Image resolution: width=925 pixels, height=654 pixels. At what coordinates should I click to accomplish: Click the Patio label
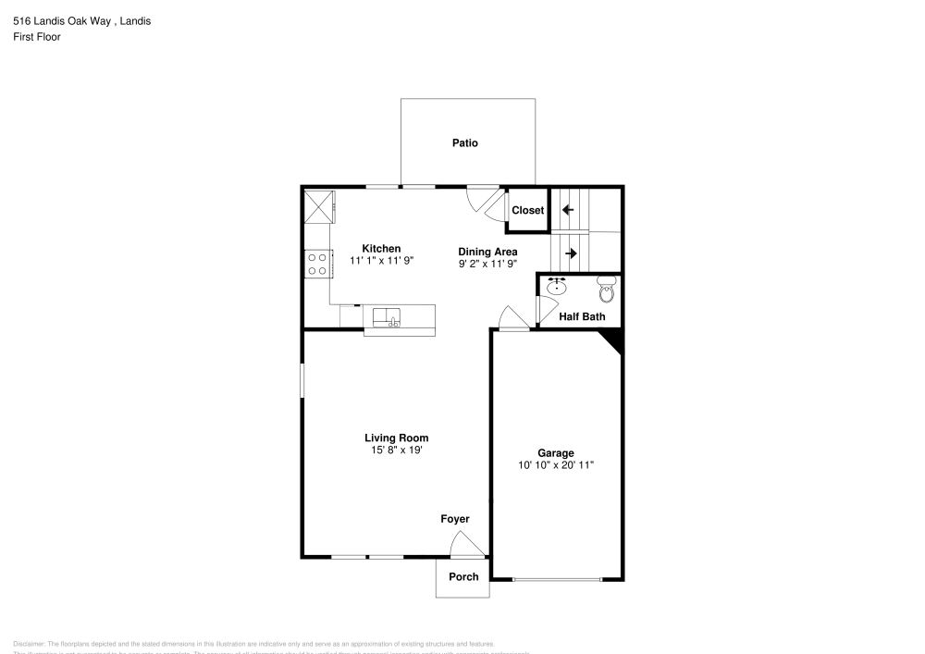click(464, 143)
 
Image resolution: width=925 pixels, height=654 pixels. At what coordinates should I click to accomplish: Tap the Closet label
click(528, 210)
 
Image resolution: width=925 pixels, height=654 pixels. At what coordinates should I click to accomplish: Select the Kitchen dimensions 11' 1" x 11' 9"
click(381, 261)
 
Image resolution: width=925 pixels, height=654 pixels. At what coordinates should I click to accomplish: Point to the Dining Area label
click(487, 251)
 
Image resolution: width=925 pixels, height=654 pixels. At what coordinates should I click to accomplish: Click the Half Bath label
click(582, 316)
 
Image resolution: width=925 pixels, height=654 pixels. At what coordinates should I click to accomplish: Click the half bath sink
click(556, 287)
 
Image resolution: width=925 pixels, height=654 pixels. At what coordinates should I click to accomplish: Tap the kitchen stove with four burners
click(317, 264)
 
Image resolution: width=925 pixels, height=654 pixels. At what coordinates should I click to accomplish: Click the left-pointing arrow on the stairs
click(568, 210)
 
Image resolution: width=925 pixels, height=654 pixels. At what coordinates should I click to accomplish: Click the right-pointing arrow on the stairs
click(571, 253)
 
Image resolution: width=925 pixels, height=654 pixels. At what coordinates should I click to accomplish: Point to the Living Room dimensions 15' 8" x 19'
click(396, 450)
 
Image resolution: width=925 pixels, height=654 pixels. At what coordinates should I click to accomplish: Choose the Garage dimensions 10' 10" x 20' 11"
click(555, 465)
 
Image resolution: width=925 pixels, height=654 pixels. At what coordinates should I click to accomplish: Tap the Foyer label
click(454, 519)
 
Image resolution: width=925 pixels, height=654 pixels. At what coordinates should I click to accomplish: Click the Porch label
click(463, 576)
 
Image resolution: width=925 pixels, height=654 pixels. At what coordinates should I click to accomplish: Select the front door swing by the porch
click(467, 548)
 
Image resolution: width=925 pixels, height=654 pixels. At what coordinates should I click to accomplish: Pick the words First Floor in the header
click(37, 37)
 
